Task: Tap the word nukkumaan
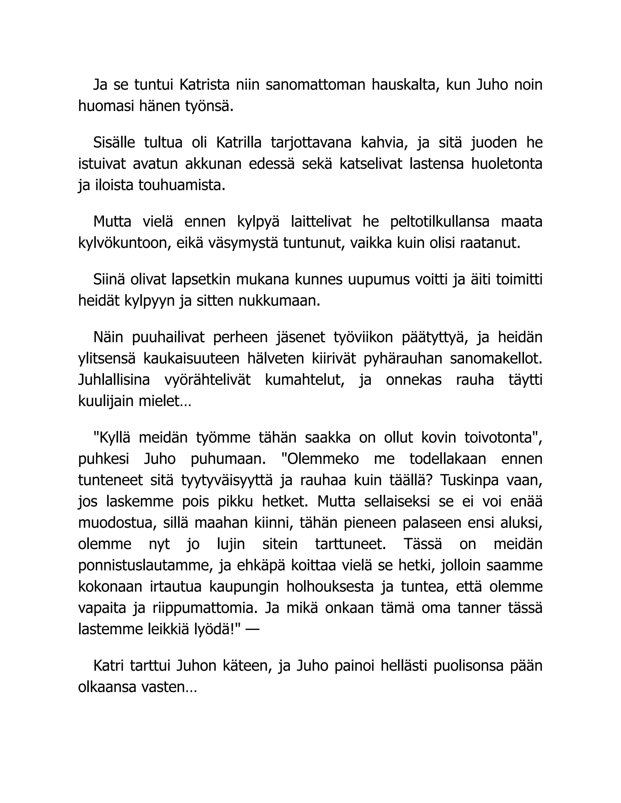point(280,301)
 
